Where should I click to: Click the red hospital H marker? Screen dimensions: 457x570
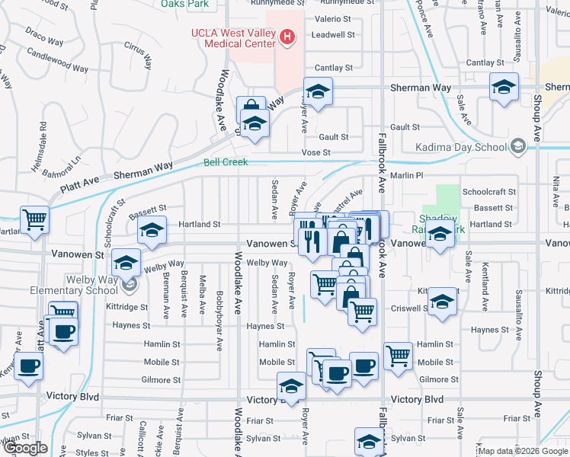tap(287, 36)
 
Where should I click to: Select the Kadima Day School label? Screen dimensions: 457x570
tap(461, 147)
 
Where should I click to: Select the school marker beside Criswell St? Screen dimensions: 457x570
tap(443, 301)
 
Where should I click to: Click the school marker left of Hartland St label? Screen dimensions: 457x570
tap(152, 230)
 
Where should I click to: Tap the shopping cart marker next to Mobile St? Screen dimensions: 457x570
tap(399, 353)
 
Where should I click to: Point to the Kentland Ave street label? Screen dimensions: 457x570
tap(485, 286)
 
